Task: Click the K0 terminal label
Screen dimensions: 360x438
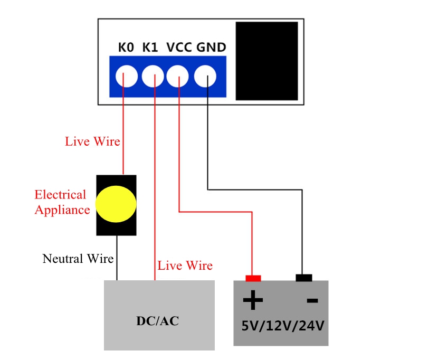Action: tap(126, 48)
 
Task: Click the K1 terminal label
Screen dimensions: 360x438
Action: tap(150, 48)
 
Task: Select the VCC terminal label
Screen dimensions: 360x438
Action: tap(179, 48)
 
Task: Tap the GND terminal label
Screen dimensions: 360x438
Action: tap(211, 48)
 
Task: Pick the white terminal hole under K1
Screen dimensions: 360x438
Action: tap(153, 77)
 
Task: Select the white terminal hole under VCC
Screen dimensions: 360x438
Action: tap(178, 77)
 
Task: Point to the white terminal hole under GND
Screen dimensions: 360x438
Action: tap(205, 77)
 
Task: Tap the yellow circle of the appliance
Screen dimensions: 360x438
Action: tap(116, 204)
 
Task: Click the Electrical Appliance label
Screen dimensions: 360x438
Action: tap(61, 202)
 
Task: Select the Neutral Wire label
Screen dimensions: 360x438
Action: tap(78, 259)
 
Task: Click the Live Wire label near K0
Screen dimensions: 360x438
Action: tap(92, 141)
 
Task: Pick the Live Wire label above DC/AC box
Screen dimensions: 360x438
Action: tap(185, 266)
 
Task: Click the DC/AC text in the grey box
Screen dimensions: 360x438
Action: tap(158, 320)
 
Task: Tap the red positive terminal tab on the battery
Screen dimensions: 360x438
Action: tap(253, 278)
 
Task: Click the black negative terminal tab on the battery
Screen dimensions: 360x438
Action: tap(303, 278)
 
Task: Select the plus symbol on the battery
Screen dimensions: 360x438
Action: tap(253, 301)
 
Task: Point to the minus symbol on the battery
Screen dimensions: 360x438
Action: tap(312, 301)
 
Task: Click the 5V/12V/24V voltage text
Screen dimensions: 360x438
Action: tap(282, 325)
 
